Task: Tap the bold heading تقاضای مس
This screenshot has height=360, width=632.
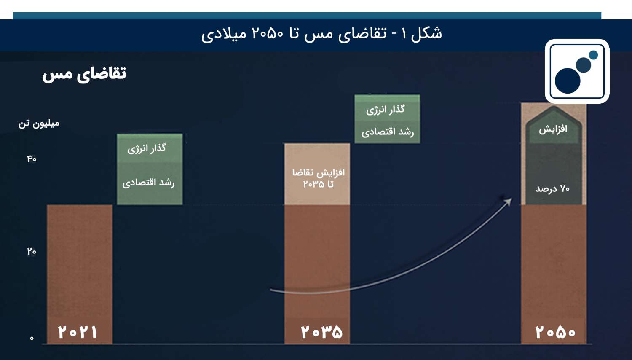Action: [84, 74]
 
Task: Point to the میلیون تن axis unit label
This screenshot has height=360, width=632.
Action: [39, 124]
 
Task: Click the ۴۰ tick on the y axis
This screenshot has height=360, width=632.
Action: [32, 159]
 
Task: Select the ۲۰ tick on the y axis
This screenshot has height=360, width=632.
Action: [32, 251]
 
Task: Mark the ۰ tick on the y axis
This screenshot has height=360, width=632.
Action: [32, 338]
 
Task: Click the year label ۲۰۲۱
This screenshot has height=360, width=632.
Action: [78, 332]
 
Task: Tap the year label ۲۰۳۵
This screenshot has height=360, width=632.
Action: [321, 332]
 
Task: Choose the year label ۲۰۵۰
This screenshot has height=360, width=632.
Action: [555, 332]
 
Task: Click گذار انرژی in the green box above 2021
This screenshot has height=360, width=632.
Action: [147, 148]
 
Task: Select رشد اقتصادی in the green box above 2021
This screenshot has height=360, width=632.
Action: [148, 183]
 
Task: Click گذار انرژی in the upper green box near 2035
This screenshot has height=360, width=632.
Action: [386, 110]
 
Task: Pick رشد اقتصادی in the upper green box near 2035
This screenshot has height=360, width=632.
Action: [388, 132]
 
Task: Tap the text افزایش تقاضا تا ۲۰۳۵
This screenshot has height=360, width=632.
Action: [318, 178]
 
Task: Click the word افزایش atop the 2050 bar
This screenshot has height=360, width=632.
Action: [553, 129]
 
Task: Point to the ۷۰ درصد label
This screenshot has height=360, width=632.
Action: [552, 188]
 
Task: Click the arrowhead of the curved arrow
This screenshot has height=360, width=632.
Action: [508, 201]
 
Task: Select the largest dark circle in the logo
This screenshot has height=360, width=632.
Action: [568, 81]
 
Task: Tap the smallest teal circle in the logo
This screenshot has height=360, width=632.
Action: [593, 55]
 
